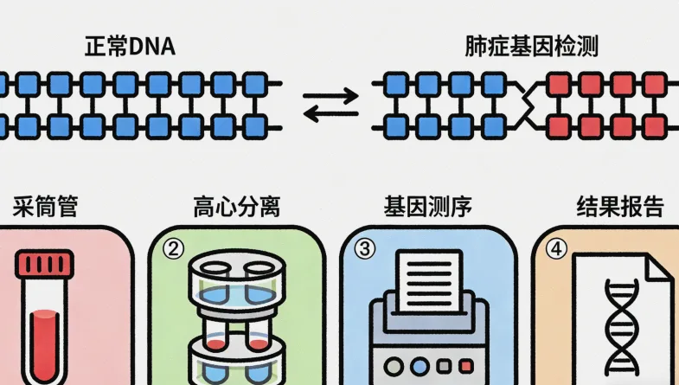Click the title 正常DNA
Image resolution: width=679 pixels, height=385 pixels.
click(x=129, y=47)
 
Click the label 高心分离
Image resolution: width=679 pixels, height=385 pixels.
click(x=236, y=208)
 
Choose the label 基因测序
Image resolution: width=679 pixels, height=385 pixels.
click(x=428, y=208)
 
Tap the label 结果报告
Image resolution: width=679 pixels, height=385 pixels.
click(x=619, y=208)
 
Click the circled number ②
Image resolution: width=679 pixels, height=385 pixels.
click(x=174, y=249)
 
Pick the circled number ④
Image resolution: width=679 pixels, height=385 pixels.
click(x=556, y=249)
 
